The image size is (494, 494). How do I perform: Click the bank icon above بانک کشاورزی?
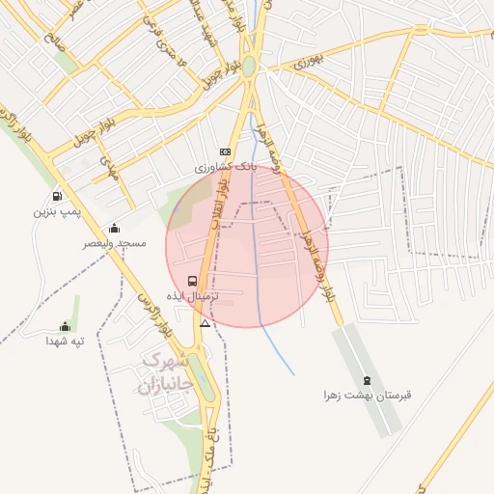click(225, 151)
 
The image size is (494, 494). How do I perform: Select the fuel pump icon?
click(58, 195)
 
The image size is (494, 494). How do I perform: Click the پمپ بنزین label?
click(54, 210)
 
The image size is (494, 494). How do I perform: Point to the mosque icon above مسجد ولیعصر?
click(115, 229)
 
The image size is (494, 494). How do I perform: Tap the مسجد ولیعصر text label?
click(115, 243)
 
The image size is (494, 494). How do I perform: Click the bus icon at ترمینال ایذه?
click(205, 281)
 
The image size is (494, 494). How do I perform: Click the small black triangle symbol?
click(205, 323)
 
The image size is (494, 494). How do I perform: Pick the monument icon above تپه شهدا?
click(65, 326)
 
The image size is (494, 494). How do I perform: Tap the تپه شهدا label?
click(65, 341)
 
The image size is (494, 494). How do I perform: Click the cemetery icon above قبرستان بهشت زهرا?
click(367, 380)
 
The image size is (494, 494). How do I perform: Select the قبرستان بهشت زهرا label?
click(368, 396)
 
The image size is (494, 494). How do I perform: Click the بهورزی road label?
click(297, 63)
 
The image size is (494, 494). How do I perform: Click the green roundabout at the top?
click(249, 67)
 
